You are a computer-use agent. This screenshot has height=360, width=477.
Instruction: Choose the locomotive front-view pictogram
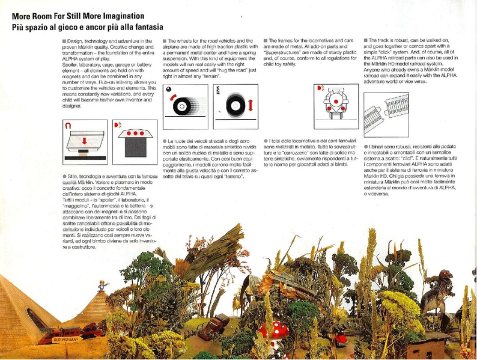336,102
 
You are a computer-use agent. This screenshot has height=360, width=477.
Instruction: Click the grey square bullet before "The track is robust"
365,40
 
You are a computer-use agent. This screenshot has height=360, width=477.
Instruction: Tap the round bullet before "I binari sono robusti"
365,146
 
